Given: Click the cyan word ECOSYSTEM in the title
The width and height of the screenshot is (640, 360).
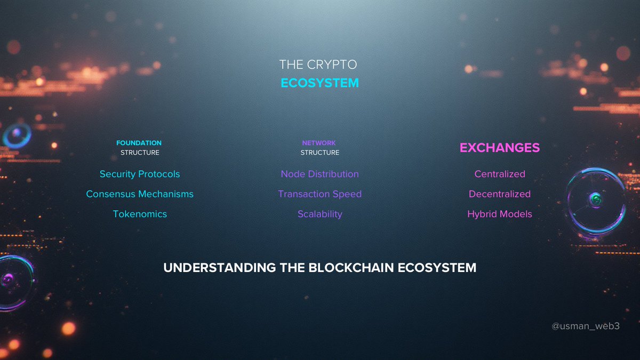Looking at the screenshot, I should pyautogui.click(x=319, y=84).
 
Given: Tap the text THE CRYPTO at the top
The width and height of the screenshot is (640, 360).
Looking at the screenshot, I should pyautogui.click(x=318, y=65).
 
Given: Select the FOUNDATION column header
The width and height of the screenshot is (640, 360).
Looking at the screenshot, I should pyautogui.click(x=139, y=143).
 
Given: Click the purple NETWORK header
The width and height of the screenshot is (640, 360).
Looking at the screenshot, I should pyautogui.click(x=319, y=143).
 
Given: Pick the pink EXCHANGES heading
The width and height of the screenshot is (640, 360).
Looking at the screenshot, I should pyautogui.click(x=500, y=148).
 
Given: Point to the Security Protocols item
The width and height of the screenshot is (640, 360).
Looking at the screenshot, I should pyautogui.click(x=140, y=174).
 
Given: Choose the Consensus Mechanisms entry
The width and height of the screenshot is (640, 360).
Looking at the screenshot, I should pyautogui.click(x=140, y=194).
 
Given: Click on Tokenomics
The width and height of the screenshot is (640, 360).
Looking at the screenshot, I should pyautogui.click(x=140, y=214).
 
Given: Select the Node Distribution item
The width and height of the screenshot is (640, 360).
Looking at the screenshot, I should pyautogui.click(x=319, y=174).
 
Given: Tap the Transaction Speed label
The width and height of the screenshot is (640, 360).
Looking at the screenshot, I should pyautogui.click(x=319, y=194).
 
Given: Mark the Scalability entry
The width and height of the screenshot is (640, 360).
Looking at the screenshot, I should pyautogui.click(x=319, y=214).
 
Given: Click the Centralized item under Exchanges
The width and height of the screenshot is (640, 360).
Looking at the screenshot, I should pyautogui.click(x=500, y=174).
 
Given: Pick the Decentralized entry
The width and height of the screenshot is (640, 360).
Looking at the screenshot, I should pyautogui.click(x=500, y=194).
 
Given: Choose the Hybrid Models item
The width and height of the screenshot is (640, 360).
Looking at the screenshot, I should pyautogui.click(x=500, y=214).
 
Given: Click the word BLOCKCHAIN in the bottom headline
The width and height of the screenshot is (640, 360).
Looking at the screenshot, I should pyautogui.click(x=351, y=268).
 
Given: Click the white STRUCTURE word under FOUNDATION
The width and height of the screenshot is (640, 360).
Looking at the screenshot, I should pyautogui.click(x=140, y=153).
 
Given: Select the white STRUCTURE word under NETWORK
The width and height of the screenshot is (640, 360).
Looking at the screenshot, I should pyautogui.click(x=319, y=153).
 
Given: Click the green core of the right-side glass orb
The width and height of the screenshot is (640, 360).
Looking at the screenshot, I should pyautogui.click(x=596, y=200).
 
